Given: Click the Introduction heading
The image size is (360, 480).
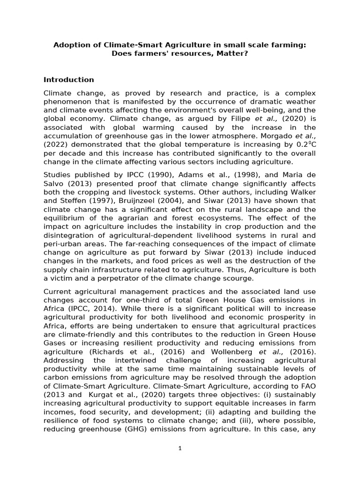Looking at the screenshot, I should (x=68, y=79).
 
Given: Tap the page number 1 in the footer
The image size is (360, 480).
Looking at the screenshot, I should (x=180, y=448).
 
